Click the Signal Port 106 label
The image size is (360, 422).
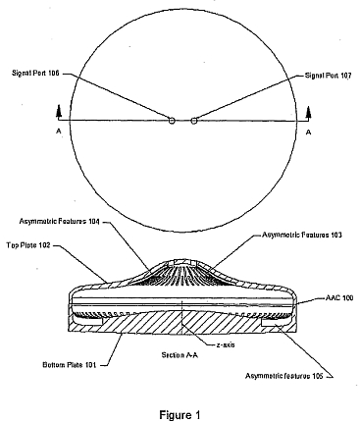coord(35,73)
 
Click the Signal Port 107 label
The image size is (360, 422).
coord(328,76)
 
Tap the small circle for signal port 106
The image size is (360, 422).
coord(172,121)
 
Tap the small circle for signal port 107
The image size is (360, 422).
coord(194,121)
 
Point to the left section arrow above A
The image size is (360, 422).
coord(59,112)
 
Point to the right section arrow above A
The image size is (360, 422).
coord(308,112)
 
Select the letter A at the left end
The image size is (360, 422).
coord(59,132)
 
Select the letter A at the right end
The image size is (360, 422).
coord(308,132)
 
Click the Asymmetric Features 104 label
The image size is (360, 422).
coord(60,222)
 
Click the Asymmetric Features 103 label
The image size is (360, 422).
coord(302,235)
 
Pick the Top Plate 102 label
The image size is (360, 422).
coord(28,245)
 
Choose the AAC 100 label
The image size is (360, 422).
coord(339,298)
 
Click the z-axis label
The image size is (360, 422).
coord(226,344)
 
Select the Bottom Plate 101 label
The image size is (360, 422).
coord(70,365)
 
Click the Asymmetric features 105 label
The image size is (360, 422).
coord(284,376)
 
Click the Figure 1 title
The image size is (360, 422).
coord(180,415)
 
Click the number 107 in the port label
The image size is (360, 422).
coord(345,76)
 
